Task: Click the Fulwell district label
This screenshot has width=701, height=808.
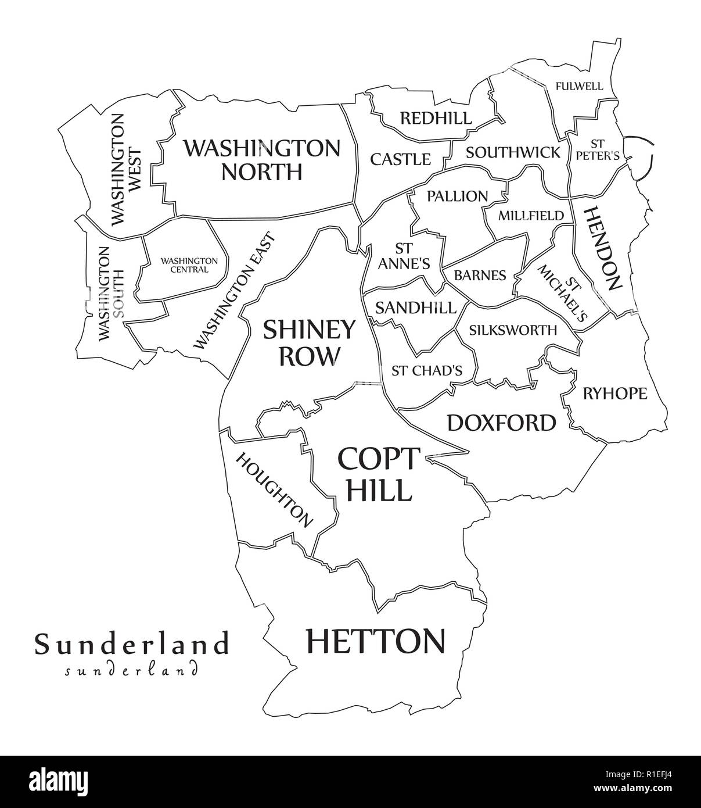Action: (579, 87)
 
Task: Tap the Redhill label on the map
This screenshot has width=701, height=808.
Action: (436, 119)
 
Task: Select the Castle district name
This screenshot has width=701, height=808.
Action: (401, 159)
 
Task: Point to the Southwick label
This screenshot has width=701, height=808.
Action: (513, 153)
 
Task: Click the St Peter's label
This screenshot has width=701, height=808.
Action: (596, 149)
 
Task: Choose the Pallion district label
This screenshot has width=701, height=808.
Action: (457, 196)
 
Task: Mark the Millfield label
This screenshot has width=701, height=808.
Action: (531, 216)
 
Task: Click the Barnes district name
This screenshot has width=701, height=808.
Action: (480, 275)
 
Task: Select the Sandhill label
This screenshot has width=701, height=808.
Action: (415, 308)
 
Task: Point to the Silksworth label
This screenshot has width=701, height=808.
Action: (513, 330)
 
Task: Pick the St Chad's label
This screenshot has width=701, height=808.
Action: (426, 370)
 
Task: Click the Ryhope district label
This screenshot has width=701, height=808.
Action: (614, 394)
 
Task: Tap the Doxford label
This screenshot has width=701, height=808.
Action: (501, 423)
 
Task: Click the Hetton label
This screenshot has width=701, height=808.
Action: (375, 641)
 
